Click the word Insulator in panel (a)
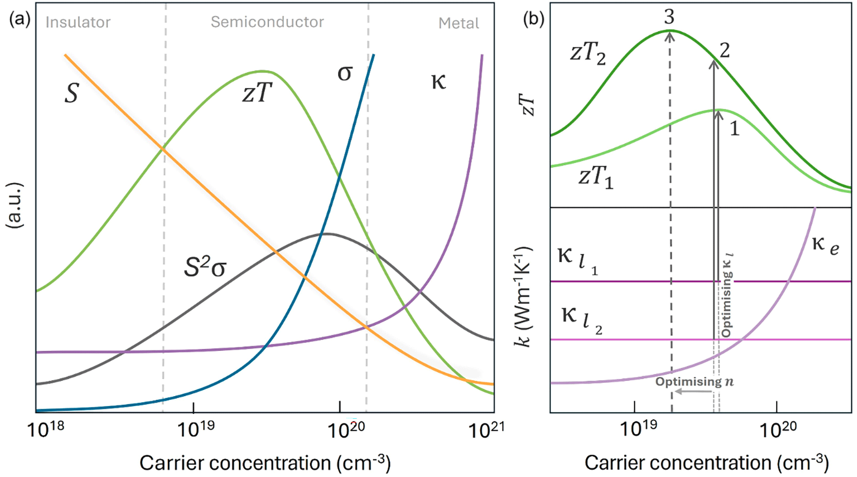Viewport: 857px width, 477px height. click(78, 23)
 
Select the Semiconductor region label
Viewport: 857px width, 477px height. click(268, 22)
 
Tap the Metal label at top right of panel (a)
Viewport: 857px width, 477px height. click(459, 23)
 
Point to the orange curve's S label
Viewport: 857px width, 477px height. click(72, 93)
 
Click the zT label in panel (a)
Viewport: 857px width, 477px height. click(257, 93)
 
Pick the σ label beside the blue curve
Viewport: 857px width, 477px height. click(345, 73)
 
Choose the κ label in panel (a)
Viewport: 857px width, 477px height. click(439, 82)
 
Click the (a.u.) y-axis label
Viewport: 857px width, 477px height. click(14, 205)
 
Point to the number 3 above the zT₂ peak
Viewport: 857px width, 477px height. click(669, 17)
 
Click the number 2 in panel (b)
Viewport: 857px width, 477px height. click(725, 50)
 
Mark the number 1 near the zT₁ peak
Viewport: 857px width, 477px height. click(734, 129)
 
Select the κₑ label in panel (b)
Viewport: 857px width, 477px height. click(825, 245)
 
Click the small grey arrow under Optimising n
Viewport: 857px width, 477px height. click(693, 391)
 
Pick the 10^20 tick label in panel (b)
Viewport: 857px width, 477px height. click(777, 430)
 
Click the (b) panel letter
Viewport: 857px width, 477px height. click(534, 20)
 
